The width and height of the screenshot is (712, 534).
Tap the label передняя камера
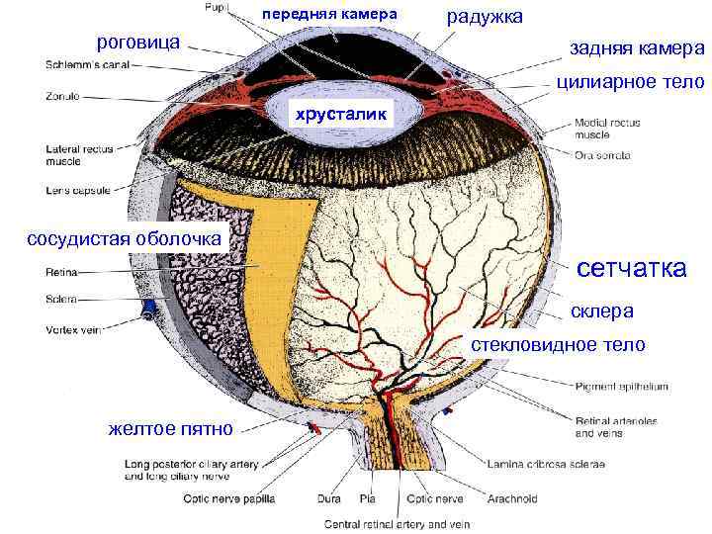tap(329, 16)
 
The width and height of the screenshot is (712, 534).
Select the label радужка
tap(486, 17)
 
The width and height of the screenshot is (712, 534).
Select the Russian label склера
tap(601, 311)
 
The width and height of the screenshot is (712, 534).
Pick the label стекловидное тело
tap(558, 345)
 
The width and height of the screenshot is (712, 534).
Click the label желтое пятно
tap(170, 429)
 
